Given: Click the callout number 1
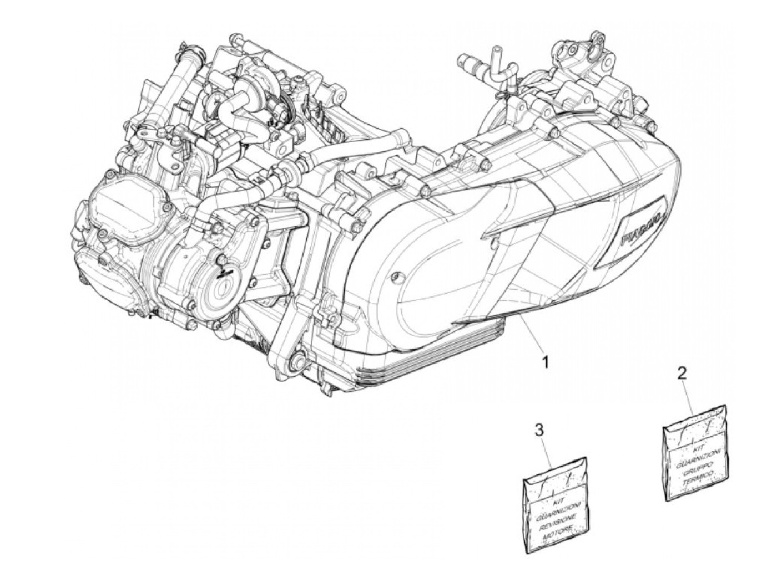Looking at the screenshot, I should click(x=545, y=362).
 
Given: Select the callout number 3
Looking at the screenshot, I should click(x=538, y=428).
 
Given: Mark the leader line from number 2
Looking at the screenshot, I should click(x=688, y=396).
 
